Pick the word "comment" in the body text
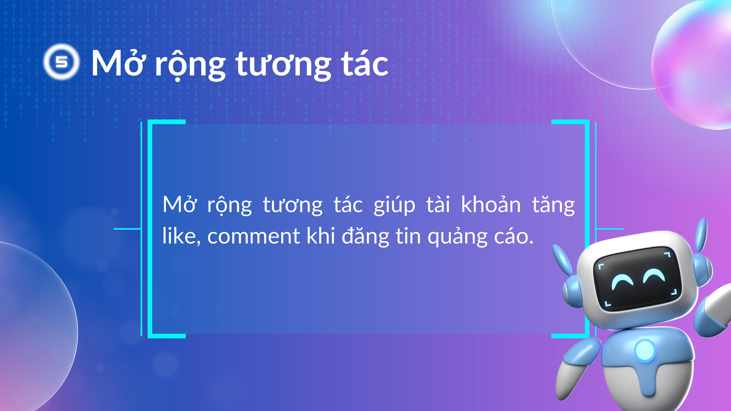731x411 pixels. point(254,236)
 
